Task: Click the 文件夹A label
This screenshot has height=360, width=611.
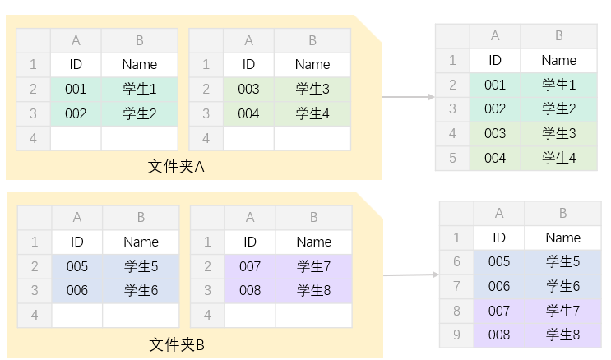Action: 176,167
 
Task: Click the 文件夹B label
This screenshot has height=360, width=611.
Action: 177,345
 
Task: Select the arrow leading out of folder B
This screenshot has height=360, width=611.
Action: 411,275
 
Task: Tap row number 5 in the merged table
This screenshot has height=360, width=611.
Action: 452,158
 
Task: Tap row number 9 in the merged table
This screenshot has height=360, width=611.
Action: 456,335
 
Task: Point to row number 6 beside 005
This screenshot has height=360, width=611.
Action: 456,262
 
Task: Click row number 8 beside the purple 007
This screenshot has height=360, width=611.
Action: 456,311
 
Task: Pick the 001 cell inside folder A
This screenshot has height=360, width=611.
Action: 76,89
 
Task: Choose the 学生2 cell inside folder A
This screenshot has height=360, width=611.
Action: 140,113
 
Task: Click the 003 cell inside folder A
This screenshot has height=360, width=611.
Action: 248,89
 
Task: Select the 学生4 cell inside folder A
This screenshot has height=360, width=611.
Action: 312,113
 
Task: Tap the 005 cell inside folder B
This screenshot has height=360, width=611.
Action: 77,266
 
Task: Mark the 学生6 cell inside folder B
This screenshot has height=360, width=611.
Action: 141,290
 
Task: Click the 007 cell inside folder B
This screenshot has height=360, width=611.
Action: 250,266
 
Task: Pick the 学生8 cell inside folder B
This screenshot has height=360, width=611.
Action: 313,290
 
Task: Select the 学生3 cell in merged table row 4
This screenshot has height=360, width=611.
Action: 559,133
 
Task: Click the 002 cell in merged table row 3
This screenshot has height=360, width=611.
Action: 495,108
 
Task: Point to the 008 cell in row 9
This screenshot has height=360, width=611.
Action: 499,335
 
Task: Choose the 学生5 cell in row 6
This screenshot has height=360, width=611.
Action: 563,262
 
